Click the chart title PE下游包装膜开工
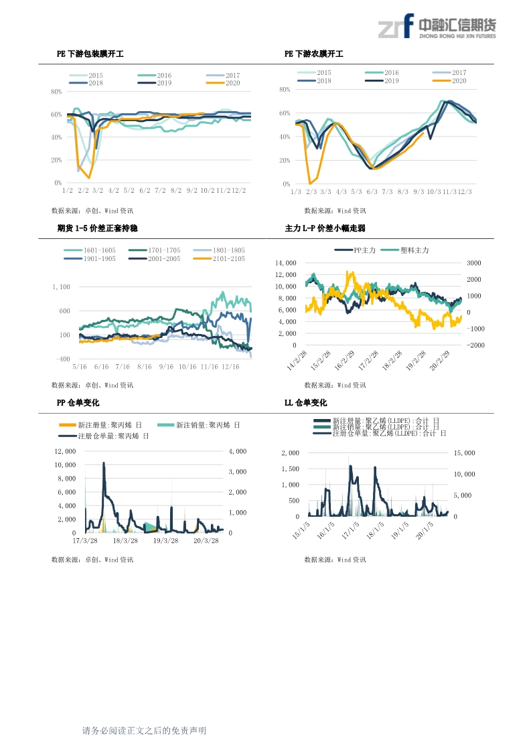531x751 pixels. click(90, 54)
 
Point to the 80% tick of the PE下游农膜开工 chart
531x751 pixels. click(285, 89)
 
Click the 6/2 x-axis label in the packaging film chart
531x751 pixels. click(145, 191)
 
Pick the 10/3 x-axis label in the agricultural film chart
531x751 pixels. click(434, 192)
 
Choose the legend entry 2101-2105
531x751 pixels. click(224, 258)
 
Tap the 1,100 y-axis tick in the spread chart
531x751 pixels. click(61, 287)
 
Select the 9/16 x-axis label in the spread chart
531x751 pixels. click(165, 367)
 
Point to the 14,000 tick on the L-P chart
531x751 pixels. click(285, 263)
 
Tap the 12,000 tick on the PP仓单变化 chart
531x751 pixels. click(64, 452)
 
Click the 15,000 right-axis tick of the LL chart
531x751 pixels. click(465, 453)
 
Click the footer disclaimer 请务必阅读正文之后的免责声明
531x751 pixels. click(143, 731)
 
